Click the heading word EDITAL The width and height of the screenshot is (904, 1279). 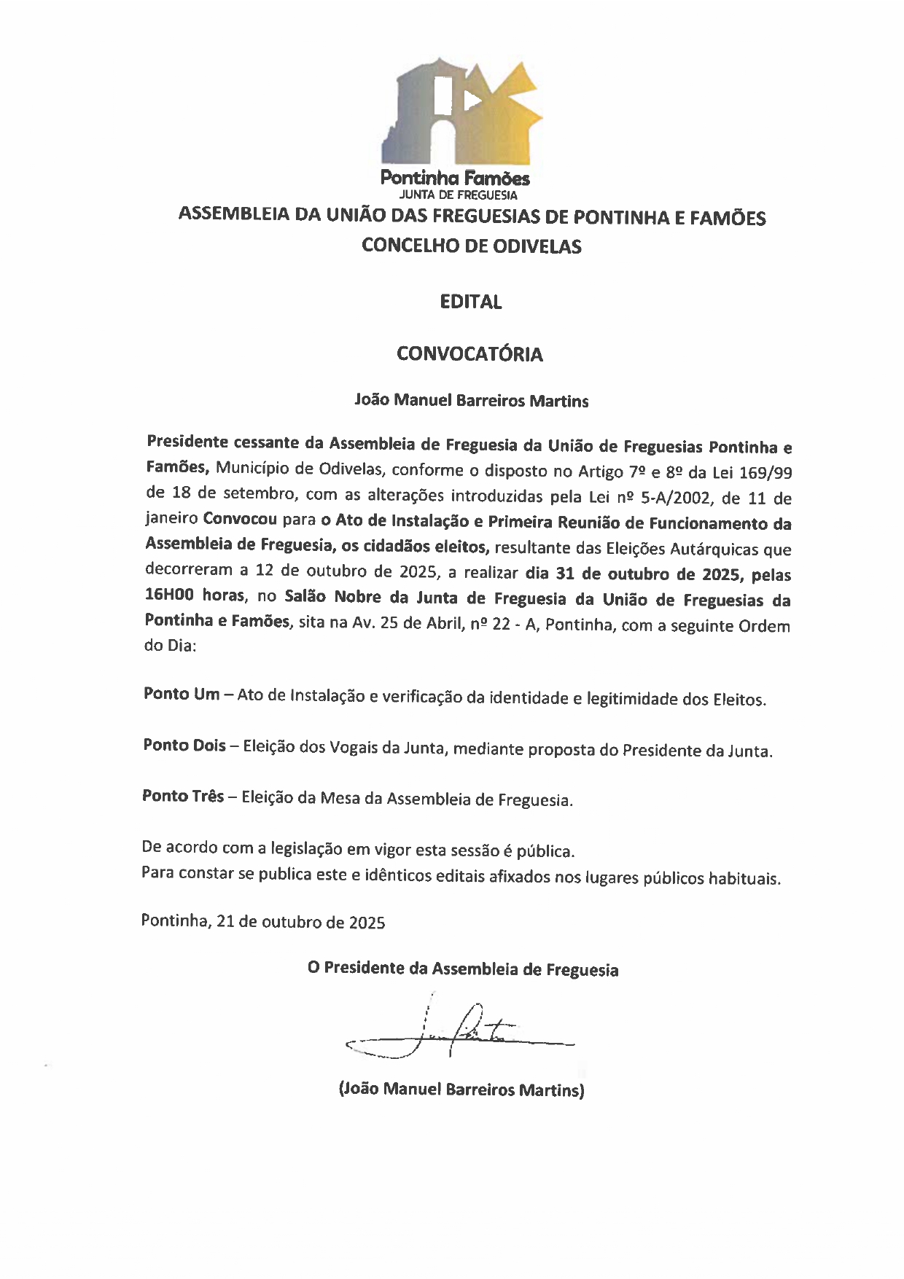coord(471,302)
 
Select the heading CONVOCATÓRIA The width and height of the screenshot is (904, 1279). coord(469,354)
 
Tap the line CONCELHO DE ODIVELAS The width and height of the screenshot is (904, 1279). coord(472,246)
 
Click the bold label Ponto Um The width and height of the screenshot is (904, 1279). coord(182,694)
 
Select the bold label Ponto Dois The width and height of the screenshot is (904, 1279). coord(184,746)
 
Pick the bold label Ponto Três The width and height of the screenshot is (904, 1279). coord(183,797)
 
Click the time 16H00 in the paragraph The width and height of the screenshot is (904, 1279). coord(169,595)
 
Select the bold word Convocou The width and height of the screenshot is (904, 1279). coord(240,520)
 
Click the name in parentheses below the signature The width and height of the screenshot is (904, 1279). coord(461,1090)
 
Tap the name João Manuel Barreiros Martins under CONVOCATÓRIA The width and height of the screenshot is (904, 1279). coord(471,401)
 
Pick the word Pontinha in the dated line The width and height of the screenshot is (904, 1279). coord(174,920)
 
